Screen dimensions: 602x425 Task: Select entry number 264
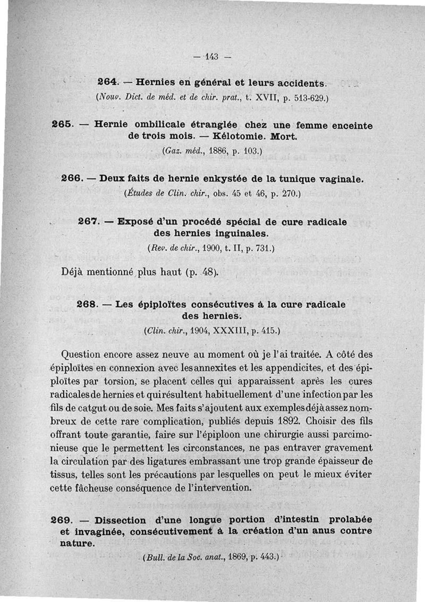(x=108, y=83)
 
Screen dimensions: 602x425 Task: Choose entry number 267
(x=88, y=220)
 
